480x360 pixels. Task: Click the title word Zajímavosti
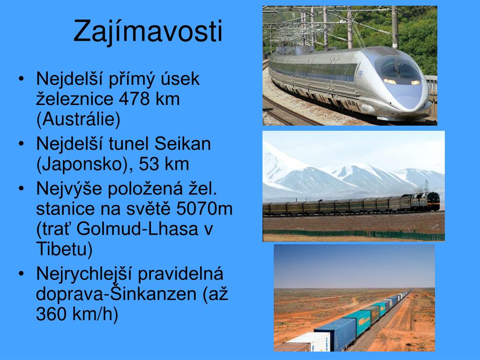click(x=148, y=31)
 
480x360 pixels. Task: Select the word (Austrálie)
click(x=78, y=119)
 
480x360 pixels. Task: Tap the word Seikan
click(x=182, y=143)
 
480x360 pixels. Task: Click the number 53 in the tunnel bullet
click(x=149, y=165)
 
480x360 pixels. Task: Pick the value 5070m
click(x=204, y=209)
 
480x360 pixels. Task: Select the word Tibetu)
click(x=64, y=249)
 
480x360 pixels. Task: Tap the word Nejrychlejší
click(x=84, y=274)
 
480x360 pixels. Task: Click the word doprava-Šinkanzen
click(x=116, y=294)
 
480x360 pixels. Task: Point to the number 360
click(x=52, y=314)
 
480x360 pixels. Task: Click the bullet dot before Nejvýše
click(x=21, y=188)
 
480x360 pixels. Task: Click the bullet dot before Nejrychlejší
click(x=21, y=274)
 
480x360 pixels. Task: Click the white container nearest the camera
click(x=307, y=342)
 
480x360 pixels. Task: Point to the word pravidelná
click(x=180, y=274)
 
